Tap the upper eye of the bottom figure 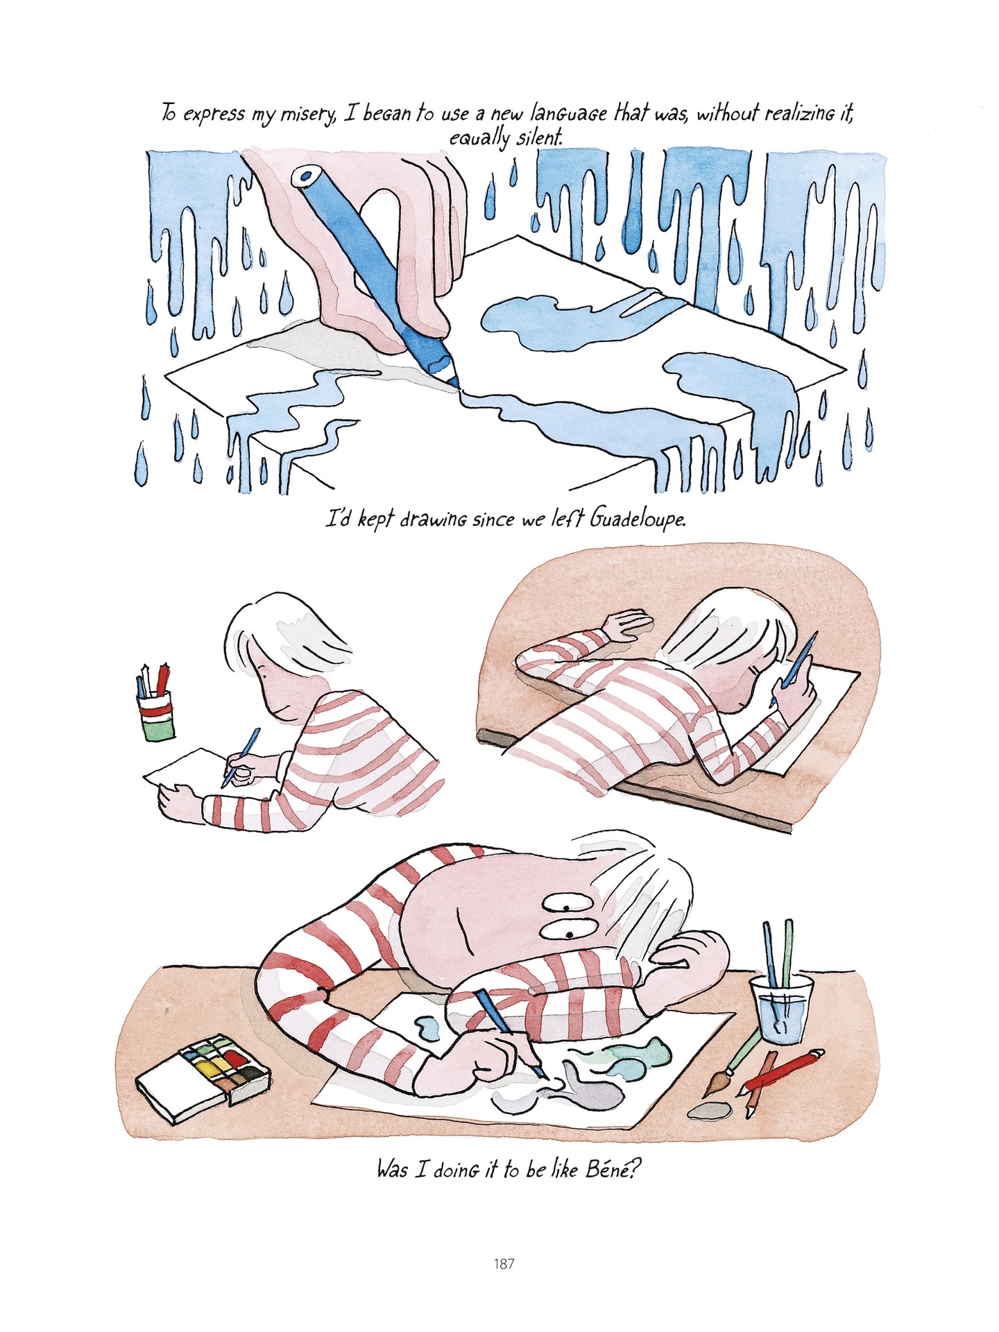565,905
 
